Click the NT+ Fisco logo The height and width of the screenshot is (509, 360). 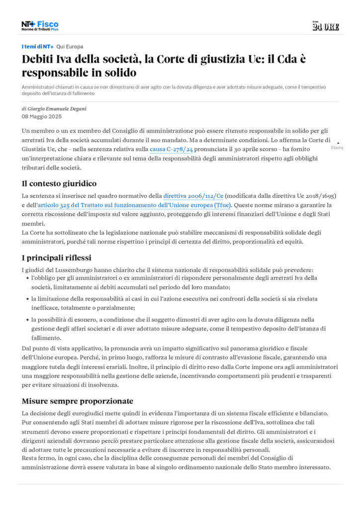(40, 26)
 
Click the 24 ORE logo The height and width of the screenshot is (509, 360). (326, 26)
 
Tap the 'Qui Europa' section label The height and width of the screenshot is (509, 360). (70, 47)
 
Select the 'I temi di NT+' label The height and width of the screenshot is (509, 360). (37, 47)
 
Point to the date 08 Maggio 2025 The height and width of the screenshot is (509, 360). (42, 117)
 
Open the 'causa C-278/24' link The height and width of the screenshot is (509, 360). (171, 149)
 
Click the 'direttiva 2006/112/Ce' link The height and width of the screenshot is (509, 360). (193, 196)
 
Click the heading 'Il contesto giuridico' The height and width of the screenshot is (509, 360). (59, 183)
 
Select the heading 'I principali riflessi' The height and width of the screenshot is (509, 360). (56, 257)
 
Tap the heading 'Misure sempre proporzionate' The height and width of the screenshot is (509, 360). (77, 401)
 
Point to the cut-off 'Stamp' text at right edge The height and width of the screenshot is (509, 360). (337, 148)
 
